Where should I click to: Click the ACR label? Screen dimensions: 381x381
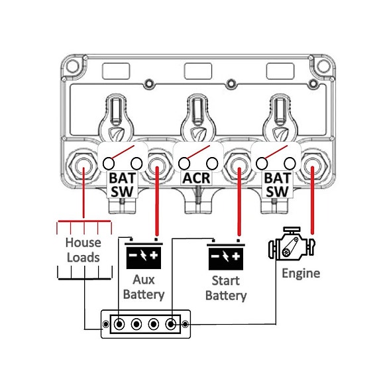(196, 178)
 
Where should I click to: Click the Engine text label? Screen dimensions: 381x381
(301, 274)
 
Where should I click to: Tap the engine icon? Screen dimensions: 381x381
(292, 244)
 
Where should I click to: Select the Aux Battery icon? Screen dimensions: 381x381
(144, 254)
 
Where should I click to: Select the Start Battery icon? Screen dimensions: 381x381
(226, 254)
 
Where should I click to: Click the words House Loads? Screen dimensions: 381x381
(83, 250)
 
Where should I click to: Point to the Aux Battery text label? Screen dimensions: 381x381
(144, 287)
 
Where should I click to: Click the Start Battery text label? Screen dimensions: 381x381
(226, 288)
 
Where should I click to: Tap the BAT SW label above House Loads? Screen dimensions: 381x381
(122, 185)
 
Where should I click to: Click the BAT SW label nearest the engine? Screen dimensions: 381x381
(277, 185)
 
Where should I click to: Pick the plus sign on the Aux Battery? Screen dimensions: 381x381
(154, 255)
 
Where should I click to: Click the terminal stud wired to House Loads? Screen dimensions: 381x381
(83, 166)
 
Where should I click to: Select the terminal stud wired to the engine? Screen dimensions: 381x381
(312, 166)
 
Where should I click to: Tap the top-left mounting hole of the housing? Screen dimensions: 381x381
(72, 66)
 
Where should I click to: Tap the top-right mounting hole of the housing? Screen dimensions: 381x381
(323, 66)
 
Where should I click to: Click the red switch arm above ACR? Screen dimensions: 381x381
(197, 152)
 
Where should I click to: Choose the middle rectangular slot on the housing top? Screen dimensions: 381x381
(198, 71)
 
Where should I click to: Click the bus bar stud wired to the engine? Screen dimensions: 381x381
(171, 324)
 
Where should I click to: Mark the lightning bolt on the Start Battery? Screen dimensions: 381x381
(226, 256)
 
